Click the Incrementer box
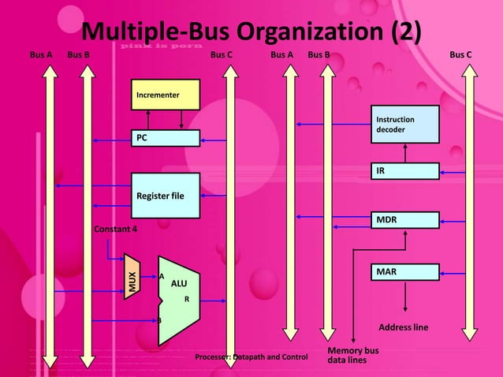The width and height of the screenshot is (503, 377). click(x=165, y=95)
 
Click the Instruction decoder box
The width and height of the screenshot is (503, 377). click(x=404, y=124)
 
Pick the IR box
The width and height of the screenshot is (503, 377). click(x=404, y=170)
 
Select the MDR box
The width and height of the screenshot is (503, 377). click(x=404, y=220)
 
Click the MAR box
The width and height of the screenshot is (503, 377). click(x=404, y=272)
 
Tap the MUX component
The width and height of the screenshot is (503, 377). click(x=132, y=277)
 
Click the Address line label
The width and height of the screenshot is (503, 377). click(x=404, y=327)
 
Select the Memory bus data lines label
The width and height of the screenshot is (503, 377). click(x=352, y=355)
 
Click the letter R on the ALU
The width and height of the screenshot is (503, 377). click(x=187, y=300)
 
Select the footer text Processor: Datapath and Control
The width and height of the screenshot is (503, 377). click(x=251, y=358)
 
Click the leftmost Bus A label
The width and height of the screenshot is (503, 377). click(x=40, y=55)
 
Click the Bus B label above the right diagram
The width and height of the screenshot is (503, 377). click(x=319, y=55)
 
